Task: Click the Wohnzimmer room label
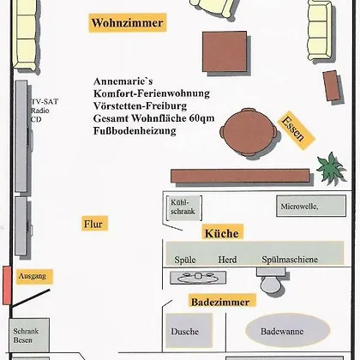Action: [x=128, y=22]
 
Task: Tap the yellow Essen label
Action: [x=296, y=130]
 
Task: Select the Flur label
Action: [x=94, y=224]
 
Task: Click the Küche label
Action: [x=222, y=232]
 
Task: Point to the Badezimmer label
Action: [x=222, y=301]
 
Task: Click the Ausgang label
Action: [x=34, y=276]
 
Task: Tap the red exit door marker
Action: [x=7, y=285]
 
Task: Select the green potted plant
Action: [x=331, y=169]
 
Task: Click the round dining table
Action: [x=249, y=131]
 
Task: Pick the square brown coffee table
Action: [x=225, y=51]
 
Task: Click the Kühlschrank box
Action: [x=184, y=207]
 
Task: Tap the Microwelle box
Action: [x=311, y=206]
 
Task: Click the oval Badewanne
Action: [x=288, y=330]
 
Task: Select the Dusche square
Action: [x=189, y=331]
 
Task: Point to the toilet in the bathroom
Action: [x=270, y=279]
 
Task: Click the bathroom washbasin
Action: [x=198, y=278]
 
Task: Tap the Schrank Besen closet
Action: [x=29, y=335]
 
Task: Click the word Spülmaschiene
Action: [x=290, y=260]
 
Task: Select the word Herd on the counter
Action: [x=227, y=260]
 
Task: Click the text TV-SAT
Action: [x=45, y=101]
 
